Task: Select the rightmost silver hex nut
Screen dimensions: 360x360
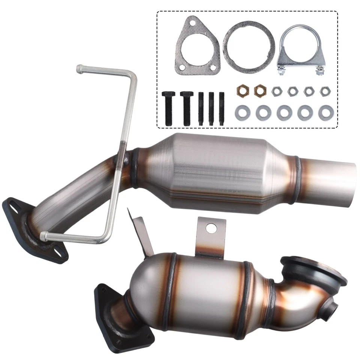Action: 324,91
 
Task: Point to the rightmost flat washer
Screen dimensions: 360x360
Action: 325,112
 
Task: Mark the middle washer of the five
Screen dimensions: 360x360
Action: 284,112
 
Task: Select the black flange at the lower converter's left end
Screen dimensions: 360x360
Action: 112,309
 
